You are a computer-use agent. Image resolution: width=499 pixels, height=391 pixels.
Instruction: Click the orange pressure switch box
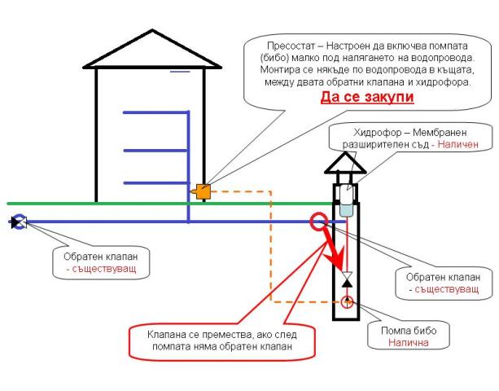(203, 192)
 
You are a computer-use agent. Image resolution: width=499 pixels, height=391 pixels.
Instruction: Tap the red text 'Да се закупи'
(368, 97)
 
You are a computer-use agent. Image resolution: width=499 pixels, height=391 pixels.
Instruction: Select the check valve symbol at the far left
(19, 221)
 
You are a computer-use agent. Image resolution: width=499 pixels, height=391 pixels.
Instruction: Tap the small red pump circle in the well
(348, 303)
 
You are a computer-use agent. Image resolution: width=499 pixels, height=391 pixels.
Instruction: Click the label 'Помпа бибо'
(408, 331)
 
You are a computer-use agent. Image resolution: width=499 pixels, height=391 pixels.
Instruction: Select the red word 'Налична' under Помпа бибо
(408, 343)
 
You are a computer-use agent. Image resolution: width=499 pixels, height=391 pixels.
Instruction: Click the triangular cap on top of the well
(346, 163)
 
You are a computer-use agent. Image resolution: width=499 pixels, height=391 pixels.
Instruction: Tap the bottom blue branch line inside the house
(155, 182)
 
